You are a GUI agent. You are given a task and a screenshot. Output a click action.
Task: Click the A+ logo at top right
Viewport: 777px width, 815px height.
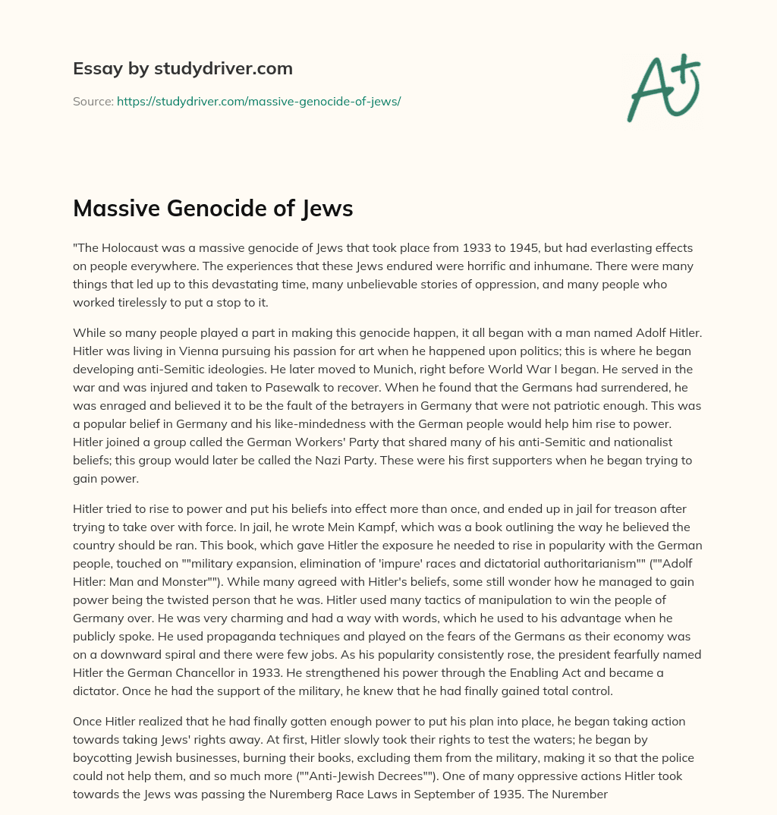pyautogui.click(x=664, y=88)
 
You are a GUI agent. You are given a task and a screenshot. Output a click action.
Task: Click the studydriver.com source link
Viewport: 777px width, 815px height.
pyautogui.click(x=259, y=101)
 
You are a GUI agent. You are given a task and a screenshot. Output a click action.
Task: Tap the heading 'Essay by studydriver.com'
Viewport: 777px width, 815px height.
pyautogui.click(x=182, y=68)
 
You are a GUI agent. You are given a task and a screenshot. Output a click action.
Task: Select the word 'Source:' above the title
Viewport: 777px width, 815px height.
pyautogui.click(x=93, y=101)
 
